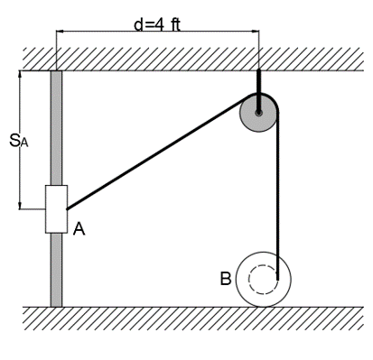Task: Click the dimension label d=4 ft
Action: tap(156, 23)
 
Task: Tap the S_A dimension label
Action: tap(18, 142)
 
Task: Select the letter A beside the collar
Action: tap(79, 229)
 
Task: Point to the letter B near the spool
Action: tap(226, 278)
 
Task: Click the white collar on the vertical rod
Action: tap(56, 209)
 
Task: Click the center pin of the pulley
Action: tap(258, 113)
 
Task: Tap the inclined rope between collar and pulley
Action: tap(154, 159)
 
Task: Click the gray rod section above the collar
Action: tap(56, 126)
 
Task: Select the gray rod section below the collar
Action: tap(56, 271)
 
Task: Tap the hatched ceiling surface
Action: tap(181, 59)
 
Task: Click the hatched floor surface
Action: tap(181, 317)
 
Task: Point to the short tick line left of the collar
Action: tap(32, 209)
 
